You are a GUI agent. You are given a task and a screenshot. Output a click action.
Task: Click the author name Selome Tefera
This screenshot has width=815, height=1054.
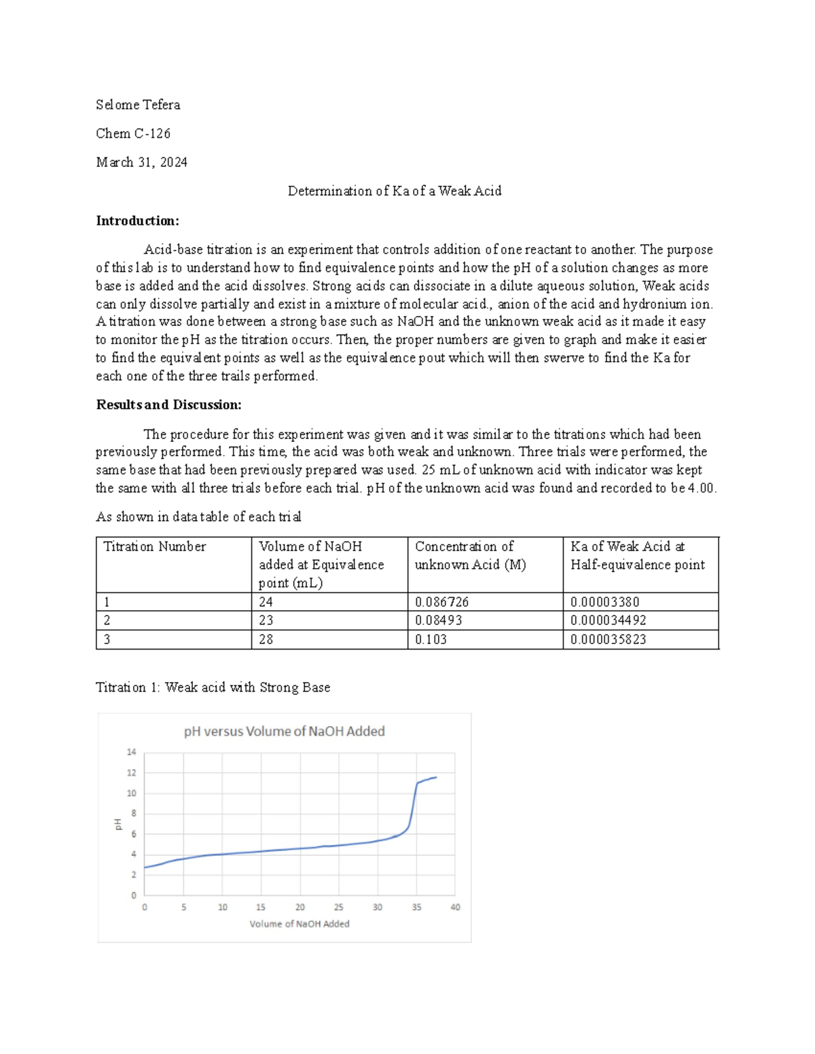[138, 105]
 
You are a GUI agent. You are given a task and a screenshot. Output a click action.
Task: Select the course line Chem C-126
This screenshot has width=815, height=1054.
[133, 134]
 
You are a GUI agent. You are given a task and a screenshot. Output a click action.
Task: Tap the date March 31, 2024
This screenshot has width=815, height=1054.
[141, 162]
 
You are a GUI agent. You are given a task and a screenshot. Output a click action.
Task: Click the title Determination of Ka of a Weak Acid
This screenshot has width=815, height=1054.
[394, 191]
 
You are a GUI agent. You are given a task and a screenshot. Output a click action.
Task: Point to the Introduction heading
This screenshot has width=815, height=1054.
[137, 221]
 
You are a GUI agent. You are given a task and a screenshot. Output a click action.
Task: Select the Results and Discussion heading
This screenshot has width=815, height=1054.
[168, 405]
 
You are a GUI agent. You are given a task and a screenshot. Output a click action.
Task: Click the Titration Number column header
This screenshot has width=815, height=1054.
[154, 547]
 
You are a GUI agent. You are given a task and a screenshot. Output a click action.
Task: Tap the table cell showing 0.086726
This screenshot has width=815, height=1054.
[441, 602]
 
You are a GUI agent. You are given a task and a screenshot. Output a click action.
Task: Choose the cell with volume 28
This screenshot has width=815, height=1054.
[266, 639]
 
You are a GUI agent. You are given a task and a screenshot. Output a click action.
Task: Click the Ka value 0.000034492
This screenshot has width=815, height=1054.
[608, 620]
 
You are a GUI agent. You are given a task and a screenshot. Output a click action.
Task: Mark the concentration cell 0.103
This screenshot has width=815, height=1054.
[431, 639]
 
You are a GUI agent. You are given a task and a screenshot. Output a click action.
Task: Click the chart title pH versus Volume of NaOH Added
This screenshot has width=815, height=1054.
[284, 732]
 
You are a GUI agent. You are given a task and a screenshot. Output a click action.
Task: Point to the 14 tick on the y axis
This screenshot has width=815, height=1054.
[131, 752]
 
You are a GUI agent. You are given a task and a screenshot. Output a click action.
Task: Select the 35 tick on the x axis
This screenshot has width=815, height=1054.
[416, 907]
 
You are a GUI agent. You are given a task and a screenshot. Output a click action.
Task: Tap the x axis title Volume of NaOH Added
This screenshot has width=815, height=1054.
[299, 924]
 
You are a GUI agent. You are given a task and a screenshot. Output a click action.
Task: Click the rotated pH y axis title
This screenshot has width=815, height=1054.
[117, 824]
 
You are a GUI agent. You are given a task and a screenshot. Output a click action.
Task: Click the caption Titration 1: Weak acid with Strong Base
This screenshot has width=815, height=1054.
[213, 688]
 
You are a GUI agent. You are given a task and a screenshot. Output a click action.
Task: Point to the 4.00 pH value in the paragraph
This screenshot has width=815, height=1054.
[700, 488]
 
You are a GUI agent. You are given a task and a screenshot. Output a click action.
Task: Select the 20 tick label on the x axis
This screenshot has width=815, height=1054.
[300, 907]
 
